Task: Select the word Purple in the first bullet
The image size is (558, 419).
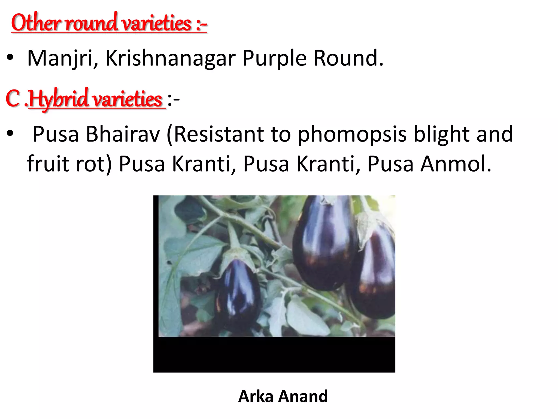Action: (274, 58)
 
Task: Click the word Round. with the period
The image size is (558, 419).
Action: (348, 58)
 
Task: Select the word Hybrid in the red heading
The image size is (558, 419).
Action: (59, 99)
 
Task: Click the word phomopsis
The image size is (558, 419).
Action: (352, 134)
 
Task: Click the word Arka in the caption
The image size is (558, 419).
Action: (256, 396)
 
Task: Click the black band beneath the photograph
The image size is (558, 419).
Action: (274, 355)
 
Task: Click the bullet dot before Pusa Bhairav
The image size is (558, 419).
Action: (10, 134)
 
